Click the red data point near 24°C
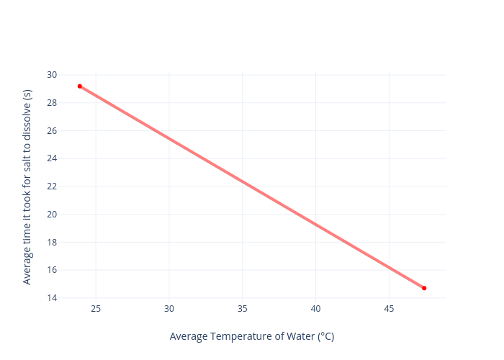(x=80, y=86)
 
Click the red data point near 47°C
(x=424, y=288)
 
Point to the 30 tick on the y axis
(x=52, y=75)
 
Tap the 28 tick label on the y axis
(x=52, y=103)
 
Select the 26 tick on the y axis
(x=52, y=131)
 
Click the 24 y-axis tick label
(x=52, y=158)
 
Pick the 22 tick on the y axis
(x=52, y=186)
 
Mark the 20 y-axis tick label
(x=52, y=215)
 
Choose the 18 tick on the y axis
(x=52, y=242)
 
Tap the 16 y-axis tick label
(x=52, y=270)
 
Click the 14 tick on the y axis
(x=52, y=298)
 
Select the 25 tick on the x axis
(x=96, y=309)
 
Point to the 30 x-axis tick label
(x=169, y=309)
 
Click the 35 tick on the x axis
(x=243, y=309)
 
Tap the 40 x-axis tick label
(x=315, y=309)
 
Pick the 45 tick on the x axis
(x=389, y=309)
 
